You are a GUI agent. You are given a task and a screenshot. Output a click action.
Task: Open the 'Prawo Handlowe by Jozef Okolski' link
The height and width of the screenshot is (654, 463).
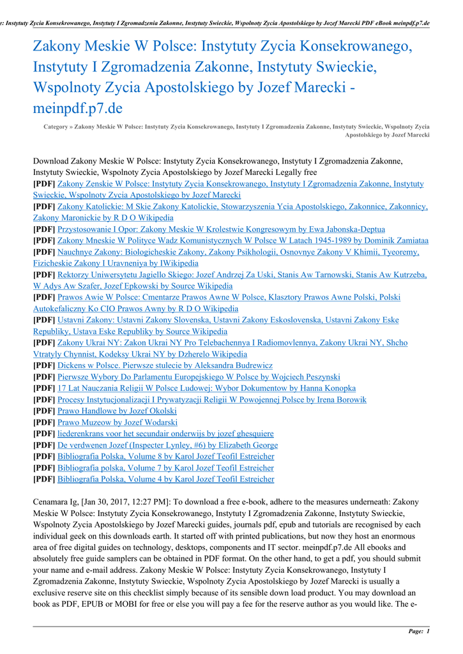click(117, 411)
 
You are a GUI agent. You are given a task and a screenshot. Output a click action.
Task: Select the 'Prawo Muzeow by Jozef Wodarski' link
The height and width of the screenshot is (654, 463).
click(118, 423)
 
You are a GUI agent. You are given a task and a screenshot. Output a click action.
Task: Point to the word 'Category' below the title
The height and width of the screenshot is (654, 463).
click(56, 127)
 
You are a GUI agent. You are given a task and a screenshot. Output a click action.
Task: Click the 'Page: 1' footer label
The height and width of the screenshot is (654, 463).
click(419, 632)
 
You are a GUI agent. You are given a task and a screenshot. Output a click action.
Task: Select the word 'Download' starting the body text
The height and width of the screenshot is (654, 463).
click(50, 161)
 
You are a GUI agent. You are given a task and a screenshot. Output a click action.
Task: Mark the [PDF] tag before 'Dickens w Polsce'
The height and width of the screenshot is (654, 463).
click(44, 365)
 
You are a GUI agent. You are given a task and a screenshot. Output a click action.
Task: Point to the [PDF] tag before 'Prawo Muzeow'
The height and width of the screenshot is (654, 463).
click(44, 423)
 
